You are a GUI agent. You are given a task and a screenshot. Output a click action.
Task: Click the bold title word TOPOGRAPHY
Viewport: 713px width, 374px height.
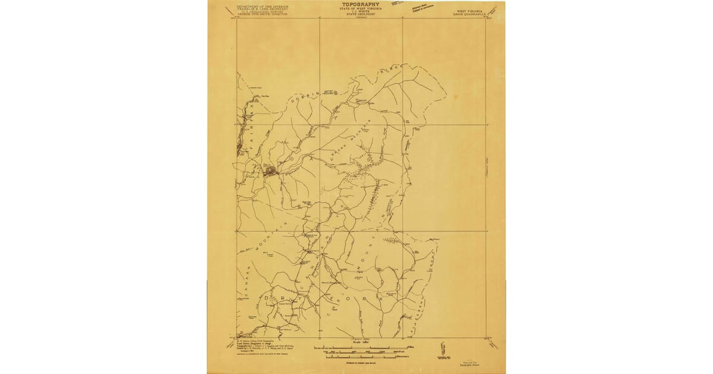[356, 4]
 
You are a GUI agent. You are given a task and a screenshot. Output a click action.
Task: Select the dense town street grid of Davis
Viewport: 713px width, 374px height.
[270, 172]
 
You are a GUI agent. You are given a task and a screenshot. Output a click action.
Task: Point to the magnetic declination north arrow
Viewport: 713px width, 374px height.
[442, 348]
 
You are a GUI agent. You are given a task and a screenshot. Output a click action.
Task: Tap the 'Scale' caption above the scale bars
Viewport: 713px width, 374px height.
[356, 342]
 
